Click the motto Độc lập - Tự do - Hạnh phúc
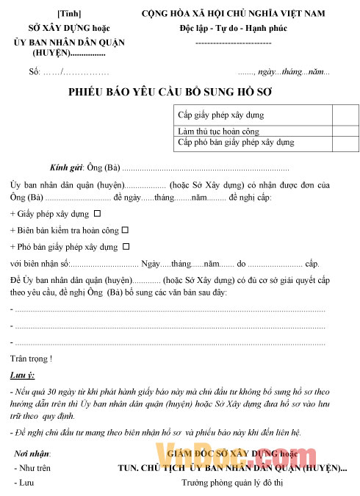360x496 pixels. (233, 28)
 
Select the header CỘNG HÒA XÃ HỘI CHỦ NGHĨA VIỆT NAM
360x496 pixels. (234, 14)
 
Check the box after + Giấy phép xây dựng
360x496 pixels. (97, 214)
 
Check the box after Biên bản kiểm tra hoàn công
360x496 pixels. (124, 230)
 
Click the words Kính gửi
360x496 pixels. (66, 168)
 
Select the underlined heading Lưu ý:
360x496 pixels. (22, 375)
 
